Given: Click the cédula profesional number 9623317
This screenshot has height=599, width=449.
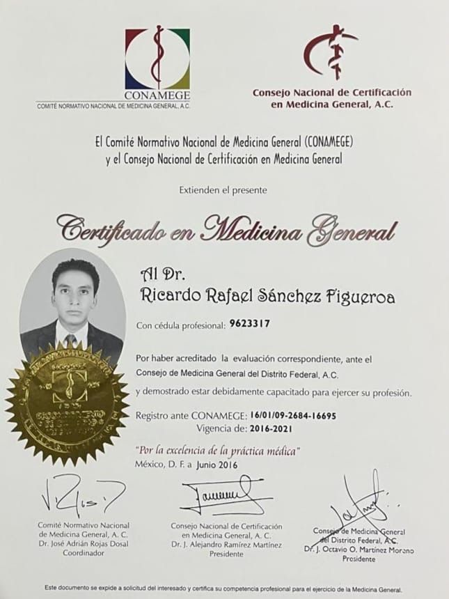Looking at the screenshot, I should pos(249,323).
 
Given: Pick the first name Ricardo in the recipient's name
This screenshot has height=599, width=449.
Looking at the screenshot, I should pos(171,298).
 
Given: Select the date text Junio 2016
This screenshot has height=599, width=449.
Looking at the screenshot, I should pos(219,465).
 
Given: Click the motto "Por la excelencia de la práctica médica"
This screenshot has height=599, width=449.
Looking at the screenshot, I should pos(218,451).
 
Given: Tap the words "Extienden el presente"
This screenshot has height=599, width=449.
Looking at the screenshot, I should pos(223,189).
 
